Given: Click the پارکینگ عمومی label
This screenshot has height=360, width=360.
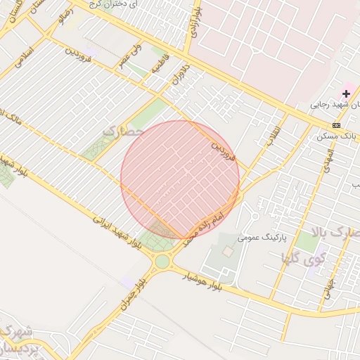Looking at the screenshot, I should click(x=262, y=238).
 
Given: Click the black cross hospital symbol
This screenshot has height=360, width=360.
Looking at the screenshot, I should click(x=346, y=93).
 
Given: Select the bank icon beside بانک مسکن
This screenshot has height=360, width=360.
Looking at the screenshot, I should click(x=336, y=124).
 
